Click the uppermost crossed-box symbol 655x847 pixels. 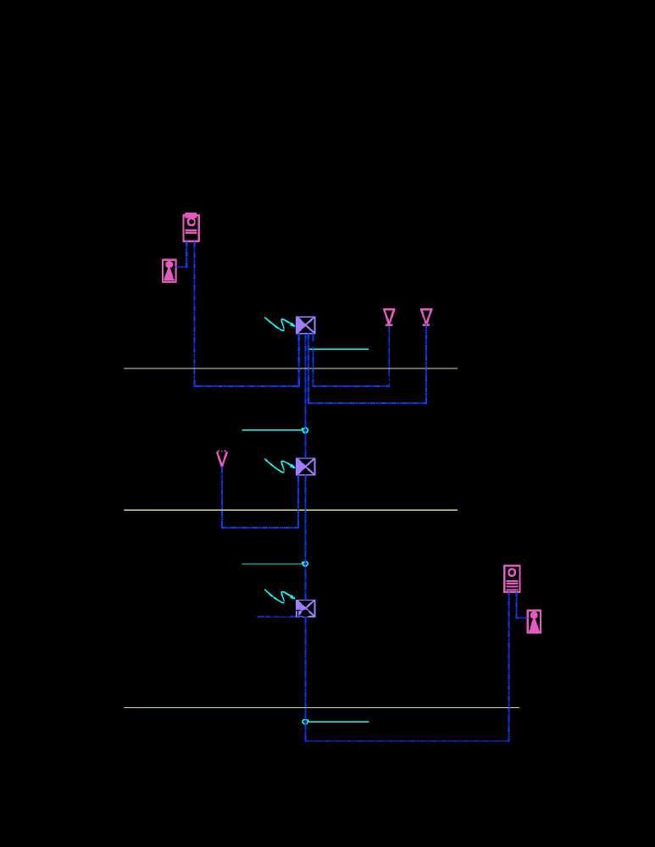point(306,325)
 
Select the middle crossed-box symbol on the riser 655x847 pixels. point(306,467)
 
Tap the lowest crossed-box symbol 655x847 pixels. point(306,608)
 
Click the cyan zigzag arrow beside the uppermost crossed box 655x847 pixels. point(278,324)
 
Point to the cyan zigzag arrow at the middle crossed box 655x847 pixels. point(278,465)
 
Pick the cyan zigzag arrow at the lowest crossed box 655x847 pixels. point(278,596)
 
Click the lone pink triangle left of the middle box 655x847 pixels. point(222,458)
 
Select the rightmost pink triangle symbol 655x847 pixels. point(426,316)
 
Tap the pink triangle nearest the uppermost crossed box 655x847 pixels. point(389,316)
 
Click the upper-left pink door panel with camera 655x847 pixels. point(192,227)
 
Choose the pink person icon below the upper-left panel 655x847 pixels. point(169,271)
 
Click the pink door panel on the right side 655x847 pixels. point(512,579)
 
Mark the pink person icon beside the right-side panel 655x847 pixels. point(534,622)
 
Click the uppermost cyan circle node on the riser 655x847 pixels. point(305,430)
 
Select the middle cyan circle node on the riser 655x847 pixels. point(305,564)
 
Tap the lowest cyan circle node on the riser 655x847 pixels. point(305,722)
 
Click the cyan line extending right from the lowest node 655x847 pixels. point(339,722)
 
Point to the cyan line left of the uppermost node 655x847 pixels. point(271,430)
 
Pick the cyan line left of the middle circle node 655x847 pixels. point(271,564)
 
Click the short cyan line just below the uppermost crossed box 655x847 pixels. point(339,349)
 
